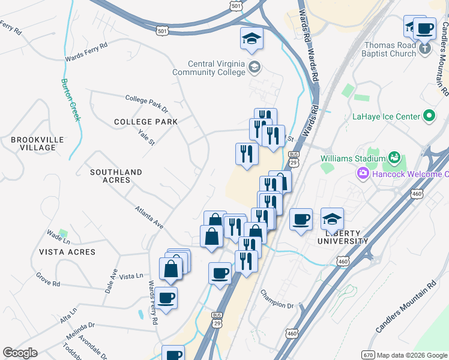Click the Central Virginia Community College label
[217, 68]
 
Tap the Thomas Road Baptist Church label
[390, 49]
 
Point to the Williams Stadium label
[352, 158]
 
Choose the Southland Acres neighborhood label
[116, 176]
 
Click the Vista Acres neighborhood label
[67, 252]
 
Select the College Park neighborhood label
[146, 122]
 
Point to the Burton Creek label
[70, 100]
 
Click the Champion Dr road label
[276, 300]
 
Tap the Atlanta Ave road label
[149, 217]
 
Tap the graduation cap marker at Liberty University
[332, 220]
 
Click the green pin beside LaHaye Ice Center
[429, 116]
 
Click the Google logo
[20, 353]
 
